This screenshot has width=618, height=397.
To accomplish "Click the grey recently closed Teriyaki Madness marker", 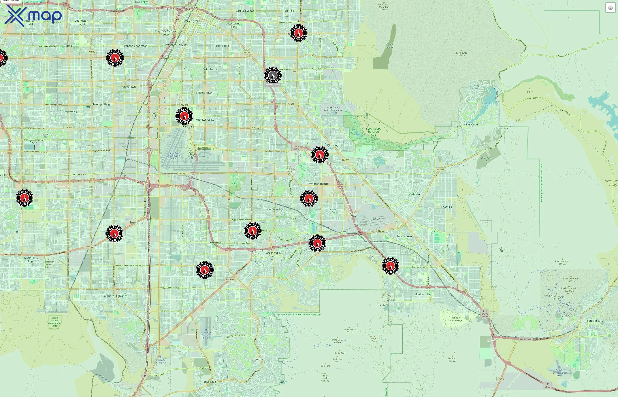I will point(273,75).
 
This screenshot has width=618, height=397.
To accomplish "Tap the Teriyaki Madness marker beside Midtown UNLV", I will point(184,116).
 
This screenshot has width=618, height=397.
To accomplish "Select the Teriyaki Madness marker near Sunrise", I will point(298,33).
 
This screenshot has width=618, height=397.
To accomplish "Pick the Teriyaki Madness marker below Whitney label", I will point(320,155).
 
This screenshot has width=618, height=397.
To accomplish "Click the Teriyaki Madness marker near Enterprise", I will point(114,234).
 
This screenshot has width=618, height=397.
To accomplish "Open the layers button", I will point(610,8).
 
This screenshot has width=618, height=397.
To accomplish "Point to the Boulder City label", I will point(595,321).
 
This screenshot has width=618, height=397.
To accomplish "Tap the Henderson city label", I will point(404,236).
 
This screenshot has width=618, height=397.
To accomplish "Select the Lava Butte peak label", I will point(462,54).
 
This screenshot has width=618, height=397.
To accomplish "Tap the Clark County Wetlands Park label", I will point(373,132).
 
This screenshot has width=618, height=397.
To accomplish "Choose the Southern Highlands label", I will point(115,296).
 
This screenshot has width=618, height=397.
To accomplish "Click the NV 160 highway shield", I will point(89,247).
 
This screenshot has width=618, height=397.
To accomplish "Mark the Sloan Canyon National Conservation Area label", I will point(299,315).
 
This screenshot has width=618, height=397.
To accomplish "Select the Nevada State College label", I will point(456,319).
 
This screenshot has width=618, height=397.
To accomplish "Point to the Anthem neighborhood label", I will point(261,359).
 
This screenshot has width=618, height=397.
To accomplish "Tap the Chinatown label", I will point(129,87).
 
